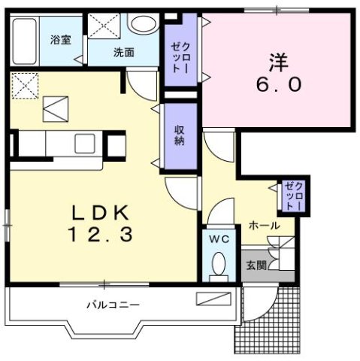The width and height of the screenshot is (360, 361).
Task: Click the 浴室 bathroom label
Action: pyautogui.click(x=61, y=39)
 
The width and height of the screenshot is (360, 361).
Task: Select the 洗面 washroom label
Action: pyautogui.click(x=124, y=52)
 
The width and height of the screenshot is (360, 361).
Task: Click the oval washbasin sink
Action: pyautogui.click(x=141, y=24)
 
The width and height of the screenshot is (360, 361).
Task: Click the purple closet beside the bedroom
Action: pyautogui.click(x=181, y=50)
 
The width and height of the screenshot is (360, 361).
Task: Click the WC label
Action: pyautogui.click(x=219, y=240)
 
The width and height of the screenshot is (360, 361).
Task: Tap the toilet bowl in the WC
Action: pyautogui.click(x=219, y=265)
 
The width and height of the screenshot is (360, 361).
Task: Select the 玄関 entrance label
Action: pyautogui.click(x=256, y=266)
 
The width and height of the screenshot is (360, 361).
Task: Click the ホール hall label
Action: pyautogui.click(x=265, y=225)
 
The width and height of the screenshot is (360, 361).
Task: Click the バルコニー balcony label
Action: pyautogui.click(x=112, y=305)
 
